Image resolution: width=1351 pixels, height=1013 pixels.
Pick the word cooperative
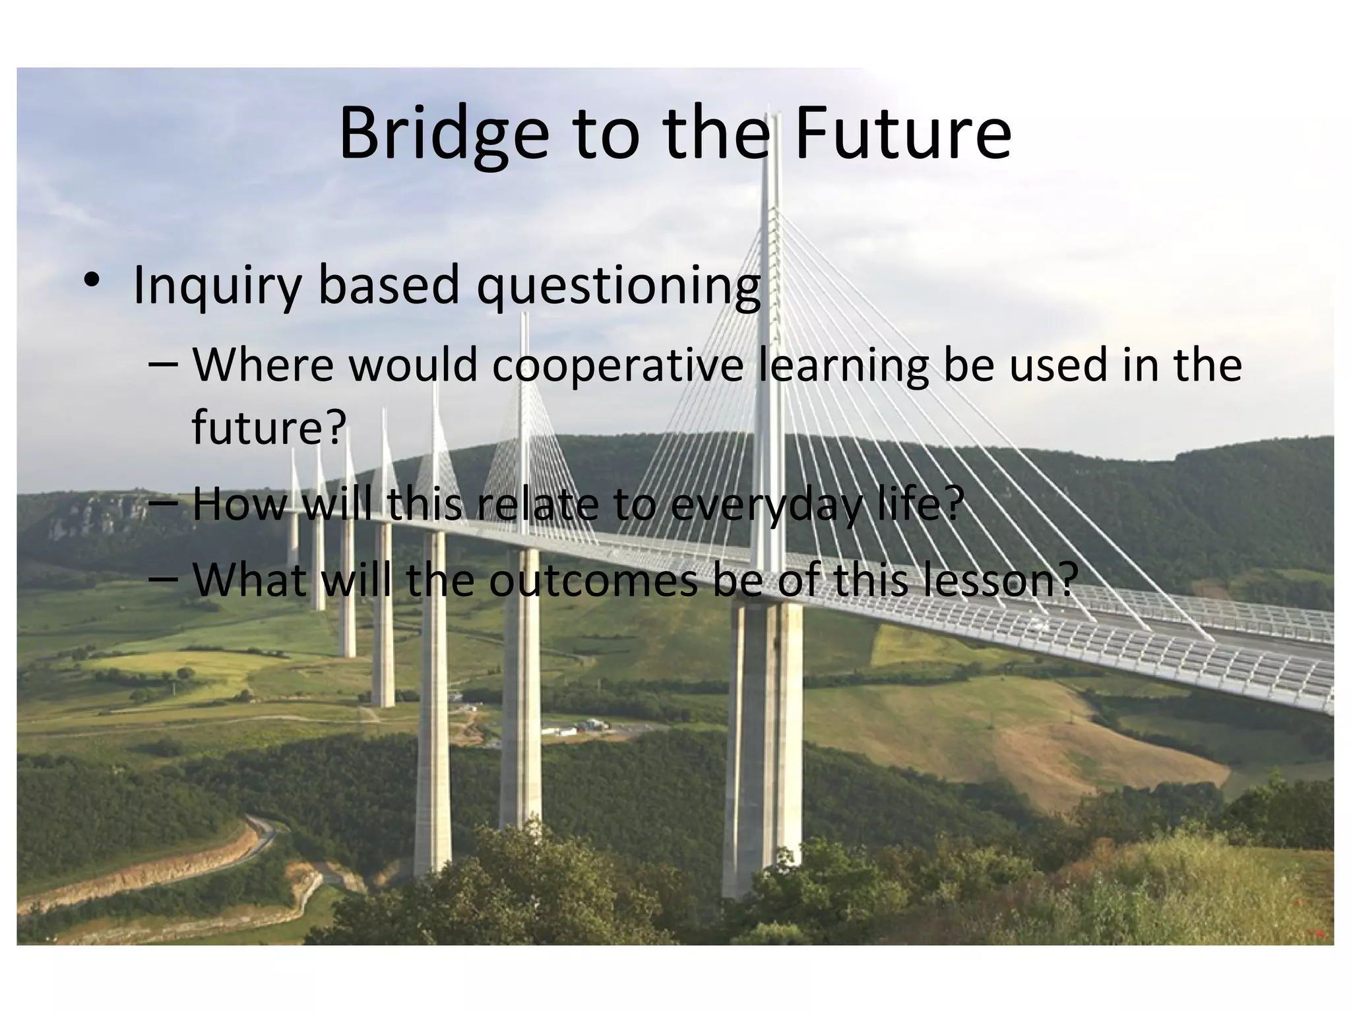[x=617, y=367]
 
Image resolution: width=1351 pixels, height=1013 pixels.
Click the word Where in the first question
[x=264, y=365]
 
